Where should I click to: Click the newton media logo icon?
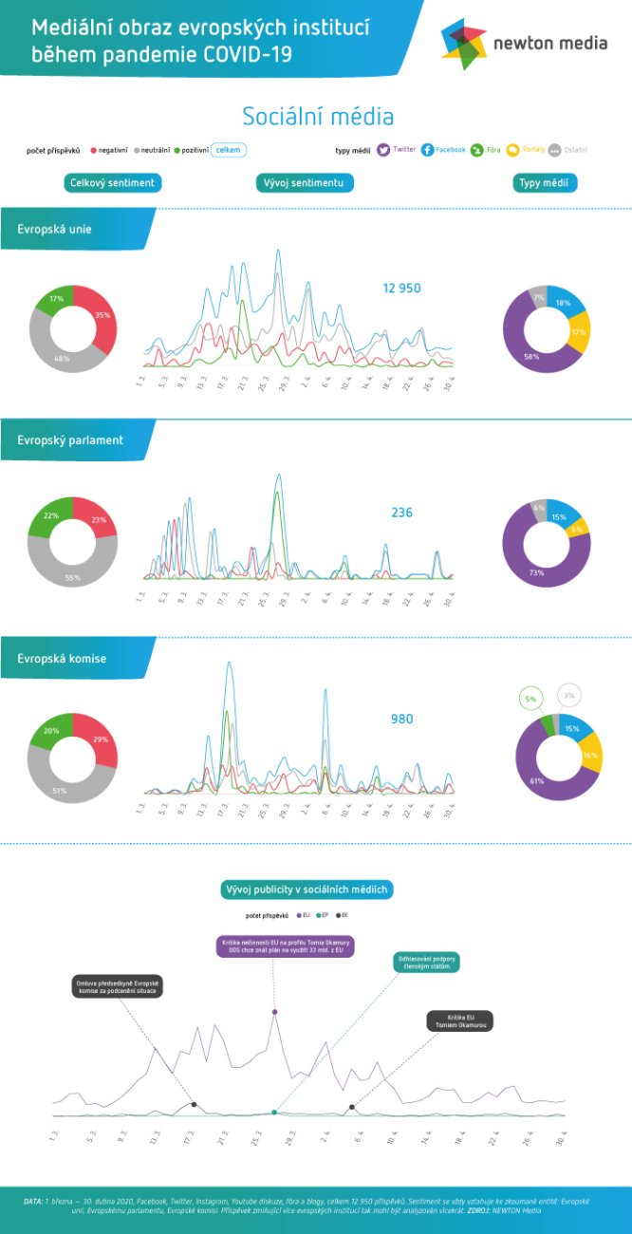[464, 44]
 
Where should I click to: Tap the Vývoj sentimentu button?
[305, 182]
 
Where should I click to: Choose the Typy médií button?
[546, 182]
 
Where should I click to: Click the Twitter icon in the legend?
[383, 149]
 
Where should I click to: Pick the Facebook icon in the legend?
[428, 149]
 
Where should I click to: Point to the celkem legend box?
[229, 149]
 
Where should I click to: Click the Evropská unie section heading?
[55, 229]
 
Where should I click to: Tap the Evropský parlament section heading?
[70, 440]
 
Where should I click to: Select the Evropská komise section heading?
[61, 658]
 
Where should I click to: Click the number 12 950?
[401, 288]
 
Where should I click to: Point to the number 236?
[401, 513]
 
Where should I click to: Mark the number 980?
[401, 720]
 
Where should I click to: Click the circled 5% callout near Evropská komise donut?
[530, 701]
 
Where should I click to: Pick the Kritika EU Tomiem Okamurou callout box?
[458, 1021]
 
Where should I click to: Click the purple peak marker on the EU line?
[274, 1012]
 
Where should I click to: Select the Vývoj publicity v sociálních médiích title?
[307, 889]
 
